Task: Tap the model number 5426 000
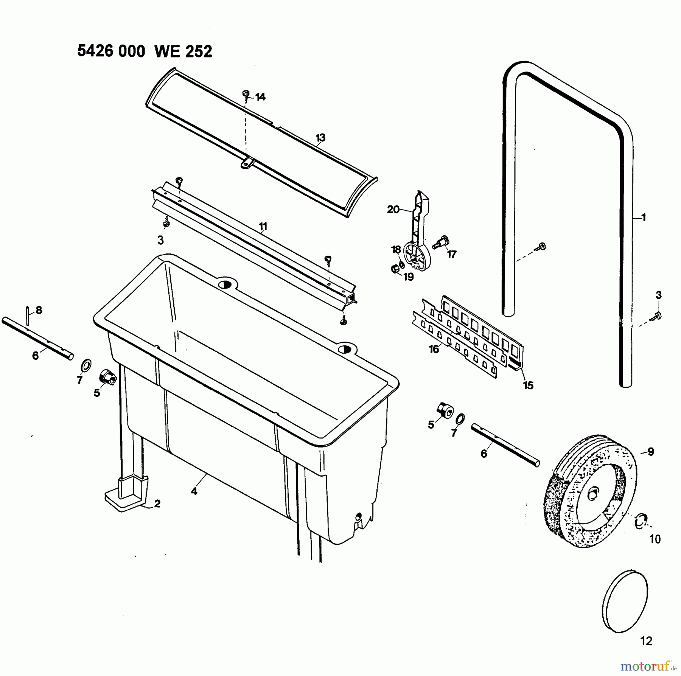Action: (111, 51)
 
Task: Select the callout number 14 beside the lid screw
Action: (260, 97)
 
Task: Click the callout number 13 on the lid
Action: (320, 138)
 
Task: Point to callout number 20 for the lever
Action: (393, 209)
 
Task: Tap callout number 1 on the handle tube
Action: (644, 218)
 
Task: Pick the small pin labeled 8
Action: (28, 315)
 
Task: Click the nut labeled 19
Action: (394, 269)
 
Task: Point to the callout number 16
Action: (434, 349)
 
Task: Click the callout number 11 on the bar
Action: (263, 227)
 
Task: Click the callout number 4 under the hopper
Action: (194, 491)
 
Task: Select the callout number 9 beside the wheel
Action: (651, 452)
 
